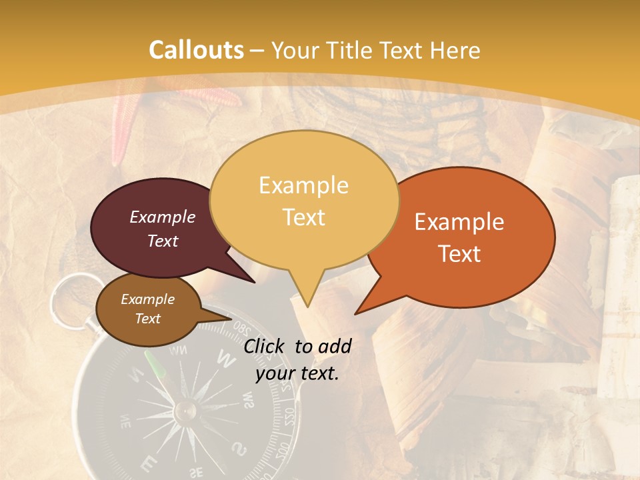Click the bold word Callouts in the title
point(196,50)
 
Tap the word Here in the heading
point(453,50)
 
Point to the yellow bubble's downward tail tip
point(307,306)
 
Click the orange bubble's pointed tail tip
point(355,313)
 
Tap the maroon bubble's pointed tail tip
point(255,282)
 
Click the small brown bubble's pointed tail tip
point(231,319)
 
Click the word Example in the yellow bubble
point(303,185)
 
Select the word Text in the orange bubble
point(459,254)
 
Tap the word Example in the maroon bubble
point(163,217)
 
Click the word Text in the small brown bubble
point(148,319)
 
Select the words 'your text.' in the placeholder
point(297,373)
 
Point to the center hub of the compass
point(185,410)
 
